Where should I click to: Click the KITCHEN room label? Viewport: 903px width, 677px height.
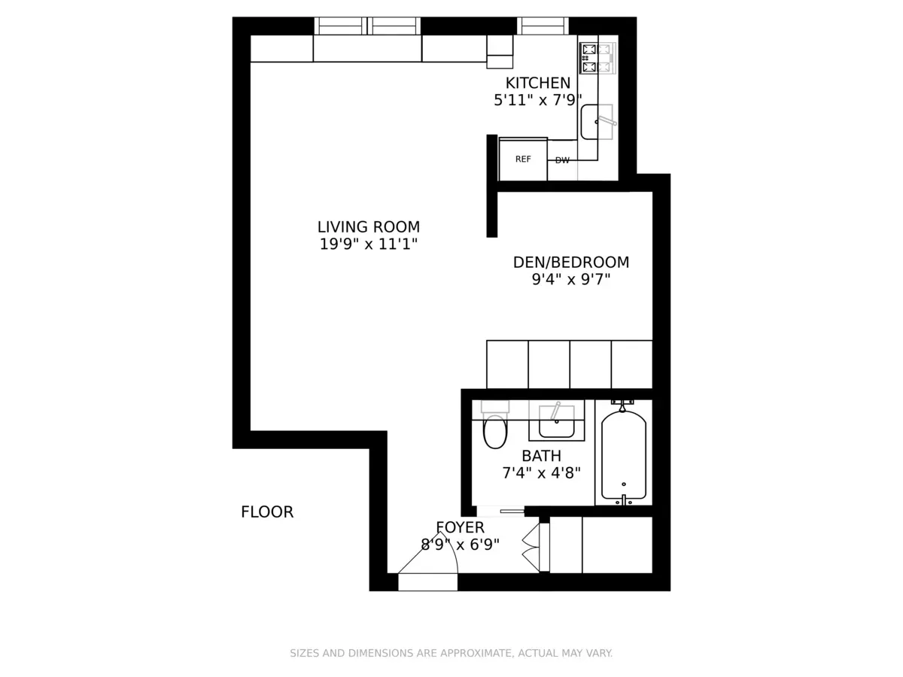[x=537, y=83]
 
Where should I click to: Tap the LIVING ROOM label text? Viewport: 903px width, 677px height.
[x=369, y=227]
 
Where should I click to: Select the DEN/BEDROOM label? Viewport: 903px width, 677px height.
[x=570, y=263]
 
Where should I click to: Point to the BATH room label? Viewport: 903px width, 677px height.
[x=541, y=456]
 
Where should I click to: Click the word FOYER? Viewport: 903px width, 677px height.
[x=460, y=527]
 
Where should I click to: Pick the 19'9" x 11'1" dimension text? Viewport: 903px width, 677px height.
[x=369, y=244]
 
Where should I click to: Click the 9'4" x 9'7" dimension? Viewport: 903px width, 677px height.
[x=570, y=280]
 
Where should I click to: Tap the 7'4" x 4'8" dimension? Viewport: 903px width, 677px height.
[x=541, y=473]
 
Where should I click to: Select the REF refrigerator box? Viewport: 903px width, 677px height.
[x=523, y=159]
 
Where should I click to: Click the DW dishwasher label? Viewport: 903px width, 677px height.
[x=562, y=160]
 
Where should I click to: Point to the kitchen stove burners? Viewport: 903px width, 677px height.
[x=596, y=58]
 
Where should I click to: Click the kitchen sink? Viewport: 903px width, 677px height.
[x=597, y=122]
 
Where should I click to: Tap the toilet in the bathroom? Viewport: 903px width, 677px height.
[x=495, y=424]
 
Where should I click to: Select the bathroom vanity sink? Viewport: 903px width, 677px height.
[x=557, y=420]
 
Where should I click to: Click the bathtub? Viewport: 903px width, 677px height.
[x=624, y=453]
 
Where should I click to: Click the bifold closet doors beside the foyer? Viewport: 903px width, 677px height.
[x=531, y=547]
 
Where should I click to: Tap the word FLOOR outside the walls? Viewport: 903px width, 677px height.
[x=267, y=512]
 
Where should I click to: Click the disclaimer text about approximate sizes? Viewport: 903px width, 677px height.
[x=451, y=653]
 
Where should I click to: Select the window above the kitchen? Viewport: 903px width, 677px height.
[x=543, y=26]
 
